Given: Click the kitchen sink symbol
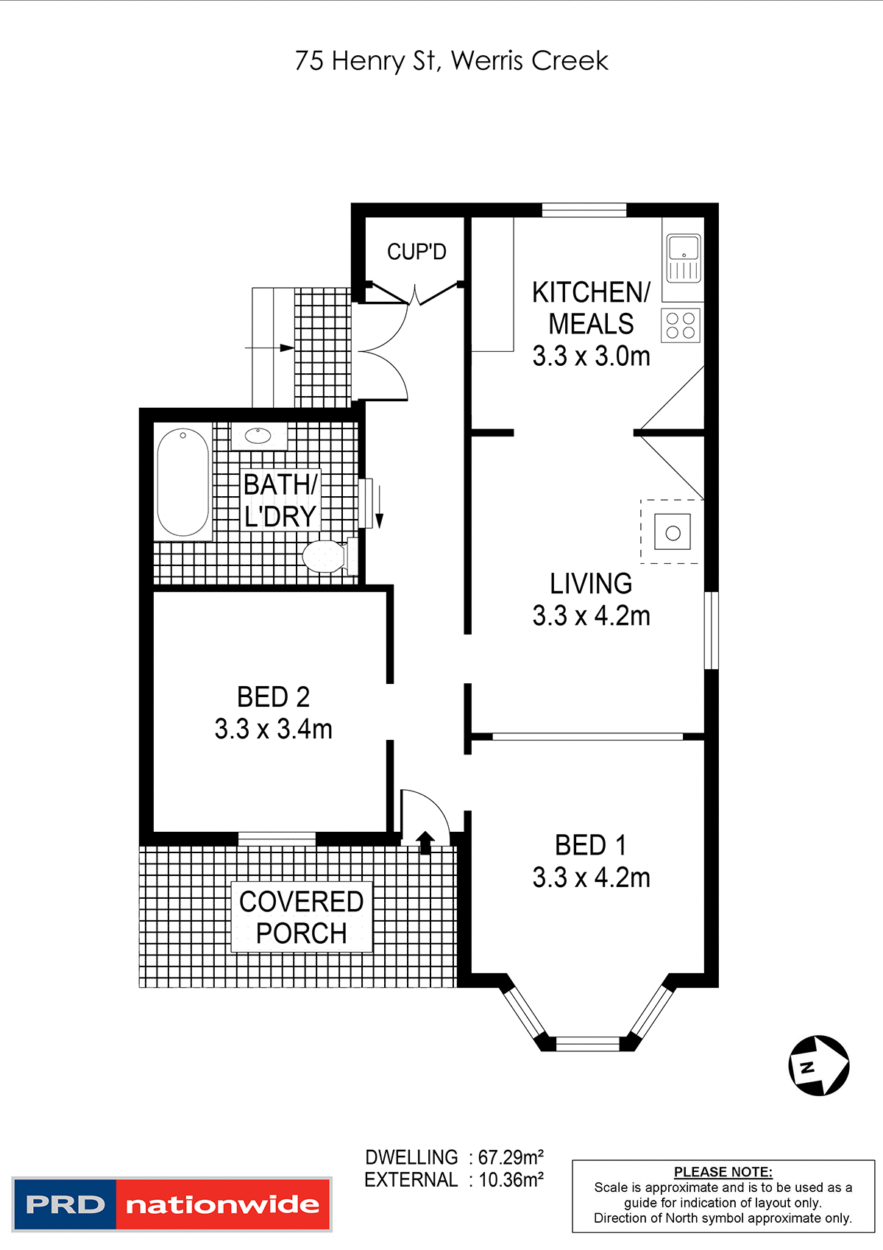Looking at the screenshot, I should [x=684, y=258].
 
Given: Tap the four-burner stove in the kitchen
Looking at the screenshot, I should [x=681, y=325].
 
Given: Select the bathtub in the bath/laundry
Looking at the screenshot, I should [x=183, y=482].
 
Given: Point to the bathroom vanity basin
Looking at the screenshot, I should [x=258, y=435].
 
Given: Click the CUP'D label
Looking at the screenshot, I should [x=416, y=252].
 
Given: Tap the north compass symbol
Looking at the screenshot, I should [x=818, y=1065].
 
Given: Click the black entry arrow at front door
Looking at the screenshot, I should [x=425, y=842].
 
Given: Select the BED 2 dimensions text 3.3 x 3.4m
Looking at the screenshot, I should [x=274, y=730].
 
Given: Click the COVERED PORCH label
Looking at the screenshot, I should [x=302, y=917].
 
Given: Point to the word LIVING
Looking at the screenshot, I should [x=591, y=584].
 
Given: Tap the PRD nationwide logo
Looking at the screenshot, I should [x=172, y=1204].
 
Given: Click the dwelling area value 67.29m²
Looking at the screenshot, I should [x=511, y=1157].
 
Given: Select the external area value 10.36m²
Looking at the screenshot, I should [x=511, y=1180].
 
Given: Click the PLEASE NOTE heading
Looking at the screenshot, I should [x=723, y=1172].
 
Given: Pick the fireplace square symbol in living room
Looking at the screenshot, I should [x=673, y=532].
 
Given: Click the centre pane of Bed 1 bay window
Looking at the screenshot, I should [x=587, y=1042].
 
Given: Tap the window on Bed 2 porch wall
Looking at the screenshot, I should [x=277, y=838].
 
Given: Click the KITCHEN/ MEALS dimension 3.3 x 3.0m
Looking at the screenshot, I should [x=592, y=356].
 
